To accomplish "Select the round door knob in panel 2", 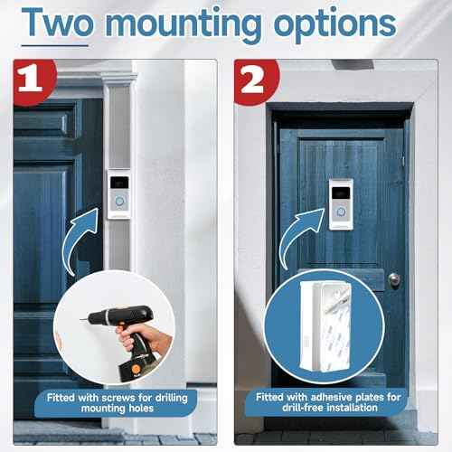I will (x=394, y=280).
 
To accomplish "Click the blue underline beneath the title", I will (x=54, y=45).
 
